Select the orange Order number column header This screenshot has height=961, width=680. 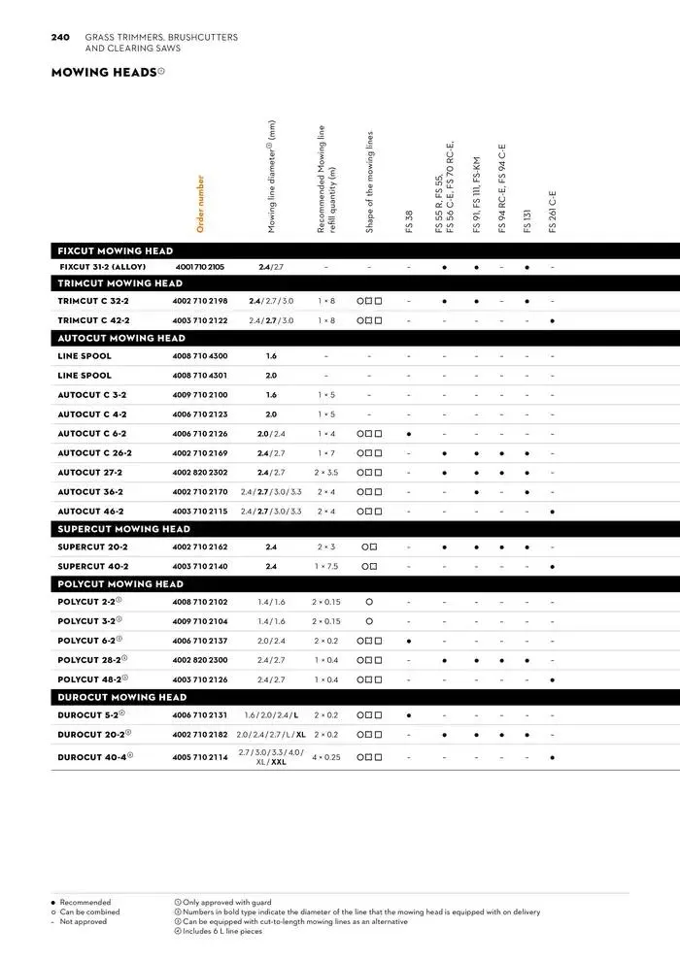point(201,203)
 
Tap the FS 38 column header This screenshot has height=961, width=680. point(409,221)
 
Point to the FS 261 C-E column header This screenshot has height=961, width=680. point(553,211)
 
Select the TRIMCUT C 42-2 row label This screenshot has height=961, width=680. point(94,320)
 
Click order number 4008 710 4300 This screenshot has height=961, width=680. point(200,356)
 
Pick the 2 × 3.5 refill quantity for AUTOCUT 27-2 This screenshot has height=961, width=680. point(326,473)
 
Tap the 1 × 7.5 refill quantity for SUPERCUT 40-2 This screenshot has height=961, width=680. point(326,566)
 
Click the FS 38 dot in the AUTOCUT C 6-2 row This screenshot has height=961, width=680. point(409,434)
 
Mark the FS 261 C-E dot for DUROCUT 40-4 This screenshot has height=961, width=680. point(553,757)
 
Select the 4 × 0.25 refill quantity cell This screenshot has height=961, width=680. point(326,757)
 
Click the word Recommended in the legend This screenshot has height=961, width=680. point(85,902)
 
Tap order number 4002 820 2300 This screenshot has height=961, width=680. point(200,660)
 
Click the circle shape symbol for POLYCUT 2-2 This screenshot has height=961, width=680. point(369,602)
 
